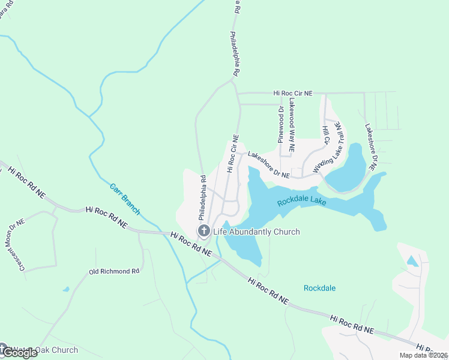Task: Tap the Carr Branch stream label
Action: [x=125, y=199]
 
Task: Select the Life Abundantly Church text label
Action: [x=256, y=232]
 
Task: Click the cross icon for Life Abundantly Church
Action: [x=203, y=231]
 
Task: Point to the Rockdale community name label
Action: [x=319, y=288]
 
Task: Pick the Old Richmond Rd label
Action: [x=114, y=271]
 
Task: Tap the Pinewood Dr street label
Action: [x=280, y=124]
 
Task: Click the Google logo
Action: [x=19, y=352]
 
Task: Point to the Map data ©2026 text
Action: [x=423, y=355]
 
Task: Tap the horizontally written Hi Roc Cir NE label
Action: [x=293, y=93]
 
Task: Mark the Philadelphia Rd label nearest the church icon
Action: [x=203, y=197]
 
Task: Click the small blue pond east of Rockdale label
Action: [x=412, y=261]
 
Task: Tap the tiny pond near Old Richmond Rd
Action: [x=65, y=289]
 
